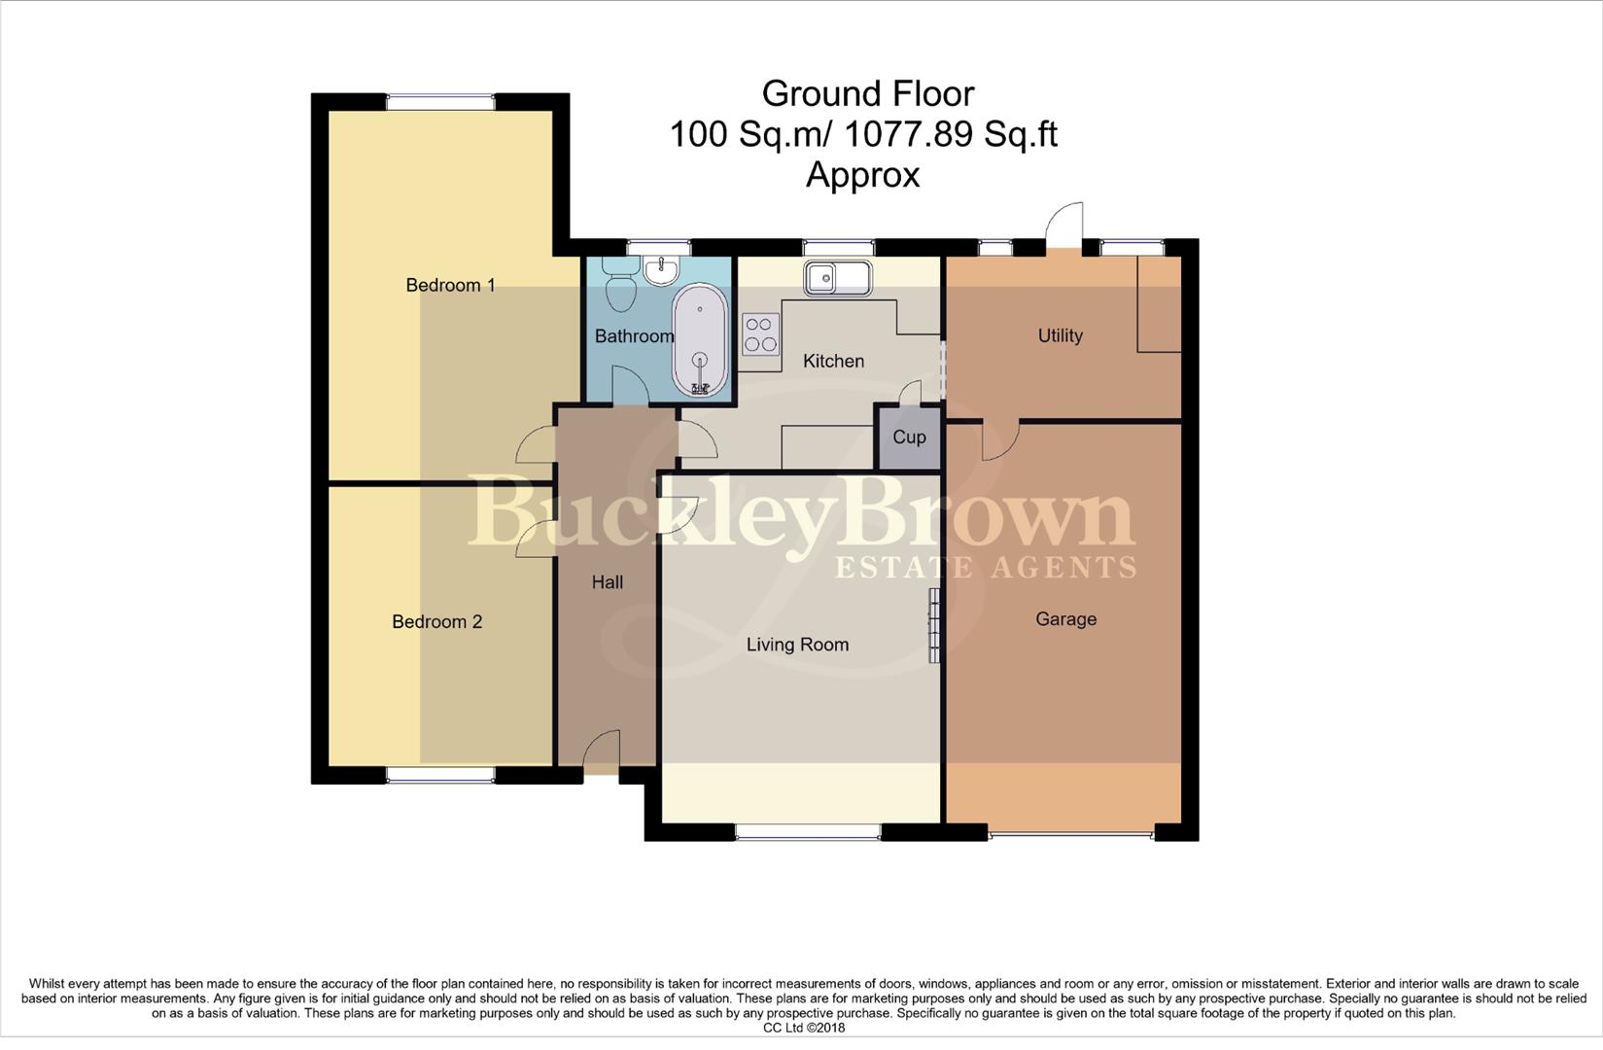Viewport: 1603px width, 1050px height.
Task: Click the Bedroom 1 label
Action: click(450, 285)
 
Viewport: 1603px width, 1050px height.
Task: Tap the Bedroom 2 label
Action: click(436, 622)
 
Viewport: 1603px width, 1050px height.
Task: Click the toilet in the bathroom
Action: click(618, 282)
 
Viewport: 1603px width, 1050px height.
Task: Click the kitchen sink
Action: click(837, 278)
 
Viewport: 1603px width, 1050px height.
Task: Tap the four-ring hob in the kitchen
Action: click(760, 333)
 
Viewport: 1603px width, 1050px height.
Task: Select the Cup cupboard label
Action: click(909, 437)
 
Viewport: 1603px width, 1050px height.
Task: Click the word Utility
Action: click(1060, 335)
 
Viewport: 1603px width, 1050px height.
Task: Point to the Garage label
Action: click(1065, 619)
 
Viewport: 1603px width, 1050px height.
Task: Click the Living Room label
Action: click(797, 645)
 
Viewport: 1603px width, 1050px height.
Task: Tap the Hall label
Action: click(607, 582)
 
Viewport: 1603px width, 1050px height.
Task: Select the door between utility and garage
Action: click(998, 441)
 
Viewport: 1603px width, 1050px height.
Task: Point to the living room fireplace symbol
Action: click(934, 625)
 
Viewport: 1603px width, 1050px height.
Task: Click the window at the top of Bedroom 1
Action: click(440, 101)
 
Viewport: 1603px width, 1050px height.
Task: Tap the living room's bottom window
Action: click(808, 832)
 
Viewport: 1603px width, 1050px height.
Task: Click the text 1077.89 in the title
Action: click(908, 134)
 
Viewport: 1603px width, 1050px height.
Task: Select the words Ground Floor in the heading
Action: click(867, 93)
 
